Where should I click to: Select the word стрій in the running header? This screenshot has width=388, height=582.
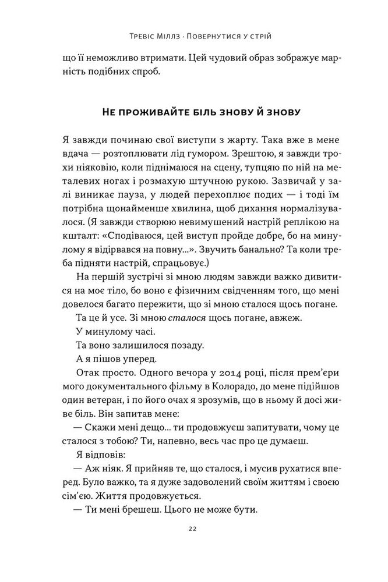tap(263, 37)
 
